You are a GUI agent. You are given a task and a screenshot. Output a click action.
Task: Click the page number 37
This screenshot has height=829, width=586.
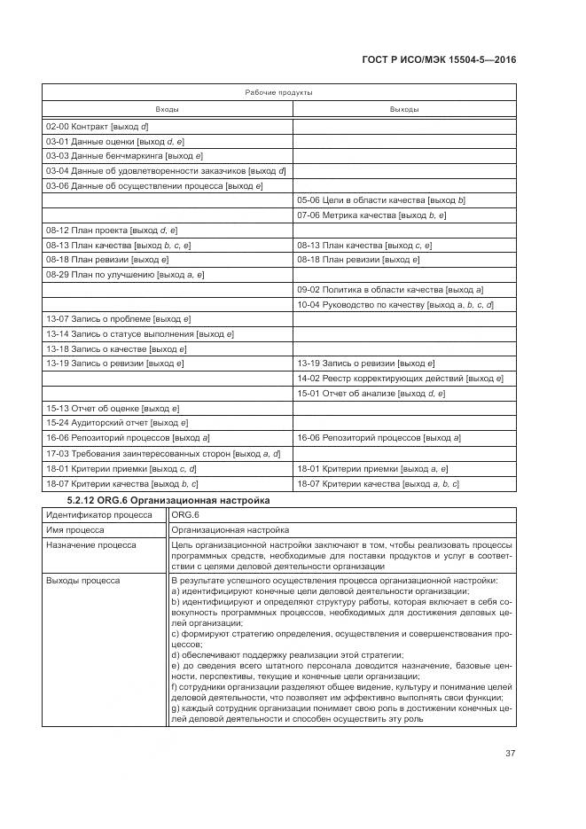(511, 754)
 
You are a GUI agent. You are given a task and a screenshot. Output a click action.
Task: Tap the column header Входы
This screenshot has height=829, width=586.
(168, 109)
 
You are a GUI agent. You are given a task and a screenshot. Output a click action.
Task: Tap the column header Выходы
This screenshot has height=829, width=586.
(404, 109)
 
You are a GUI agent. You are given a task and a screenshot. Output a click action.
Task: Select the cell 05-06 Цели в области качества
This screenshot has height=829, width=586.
(381, 200)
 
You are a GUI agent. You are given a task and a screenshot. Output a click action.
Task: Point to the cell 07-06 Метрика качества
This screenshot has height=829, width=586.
(371, 215)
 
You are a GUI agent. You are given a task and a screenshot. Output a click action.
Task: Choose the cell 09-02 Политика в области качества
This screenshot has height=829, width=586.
(390, 289)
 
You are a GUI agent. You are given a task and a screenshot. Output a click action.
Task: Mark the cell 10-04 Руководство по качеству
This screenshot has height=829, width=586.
(395, 304)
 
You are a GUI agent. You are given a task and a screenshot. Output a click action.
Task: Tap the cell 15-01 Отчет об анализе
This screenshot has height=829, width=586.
(371, 393)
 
